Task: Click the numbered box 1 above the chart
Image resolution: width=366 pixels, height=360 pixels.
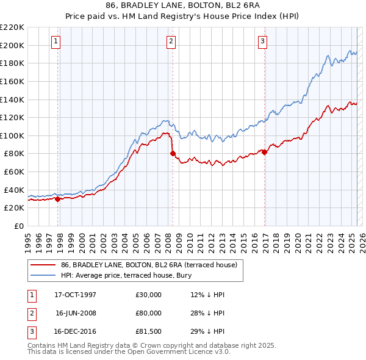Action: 56,41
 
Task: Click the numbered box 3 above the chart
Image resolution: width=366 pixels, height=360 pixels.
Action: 262,41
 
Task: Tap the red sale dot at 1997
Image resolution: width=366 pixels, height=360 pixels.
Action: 58,198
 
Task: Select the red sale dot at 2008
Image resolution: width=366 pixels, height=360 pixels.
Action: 173,153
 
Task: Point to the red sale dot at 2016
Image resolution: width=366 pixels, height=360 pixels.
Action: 264,152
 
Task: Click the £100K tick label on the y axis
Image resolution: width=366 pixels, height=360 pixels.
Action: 12,135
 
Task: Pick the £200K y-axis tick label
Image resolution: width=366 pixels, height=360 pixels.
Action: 12,45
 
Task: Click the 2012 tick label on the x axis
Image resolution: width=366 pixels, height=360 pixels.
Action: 211,239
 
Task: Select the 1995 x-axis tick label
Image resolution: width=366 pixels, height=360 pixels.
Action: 28,239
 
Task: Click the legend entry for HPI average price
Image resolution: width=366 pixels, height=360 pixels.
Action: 126,276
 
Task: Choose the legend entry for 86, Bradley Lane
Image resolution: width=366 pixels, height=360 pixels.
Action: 152,265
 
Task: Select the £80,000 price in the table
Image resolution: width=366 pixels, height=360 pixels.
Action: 149,313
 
